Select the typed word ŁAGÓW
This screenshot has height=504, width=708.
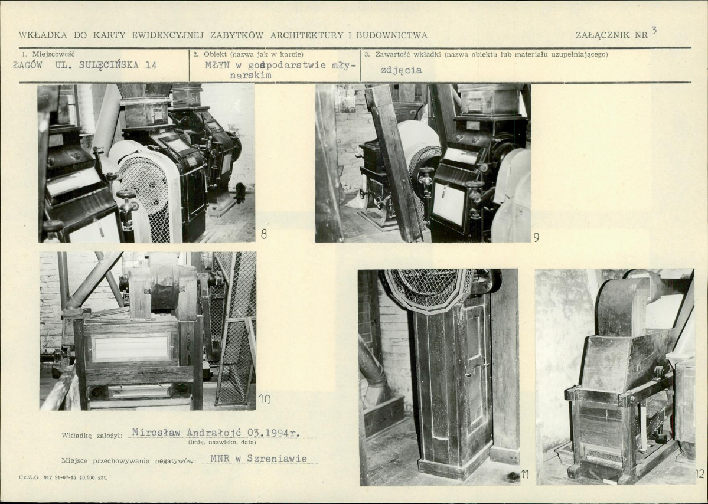click(28, 64)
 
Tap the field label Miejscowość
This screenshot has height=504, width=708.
click(53, 54)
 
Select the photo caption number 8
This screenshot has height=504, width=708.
click(264, 234)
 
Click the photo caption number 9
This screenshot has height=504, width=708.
click(536, 237)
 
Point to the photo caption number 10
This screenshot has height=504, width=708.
click(265, 398)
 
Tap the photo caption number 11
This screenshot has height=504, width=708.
click(525, 474)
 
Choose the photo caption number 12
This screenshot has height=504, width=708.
click(700, 474)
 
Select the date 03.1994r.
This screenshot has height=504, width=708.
click(274, 433)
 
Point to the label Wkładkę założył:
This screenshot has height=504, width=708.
click(92, 436)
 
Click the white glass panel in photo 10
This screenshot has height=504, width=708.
click(132, 348)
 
